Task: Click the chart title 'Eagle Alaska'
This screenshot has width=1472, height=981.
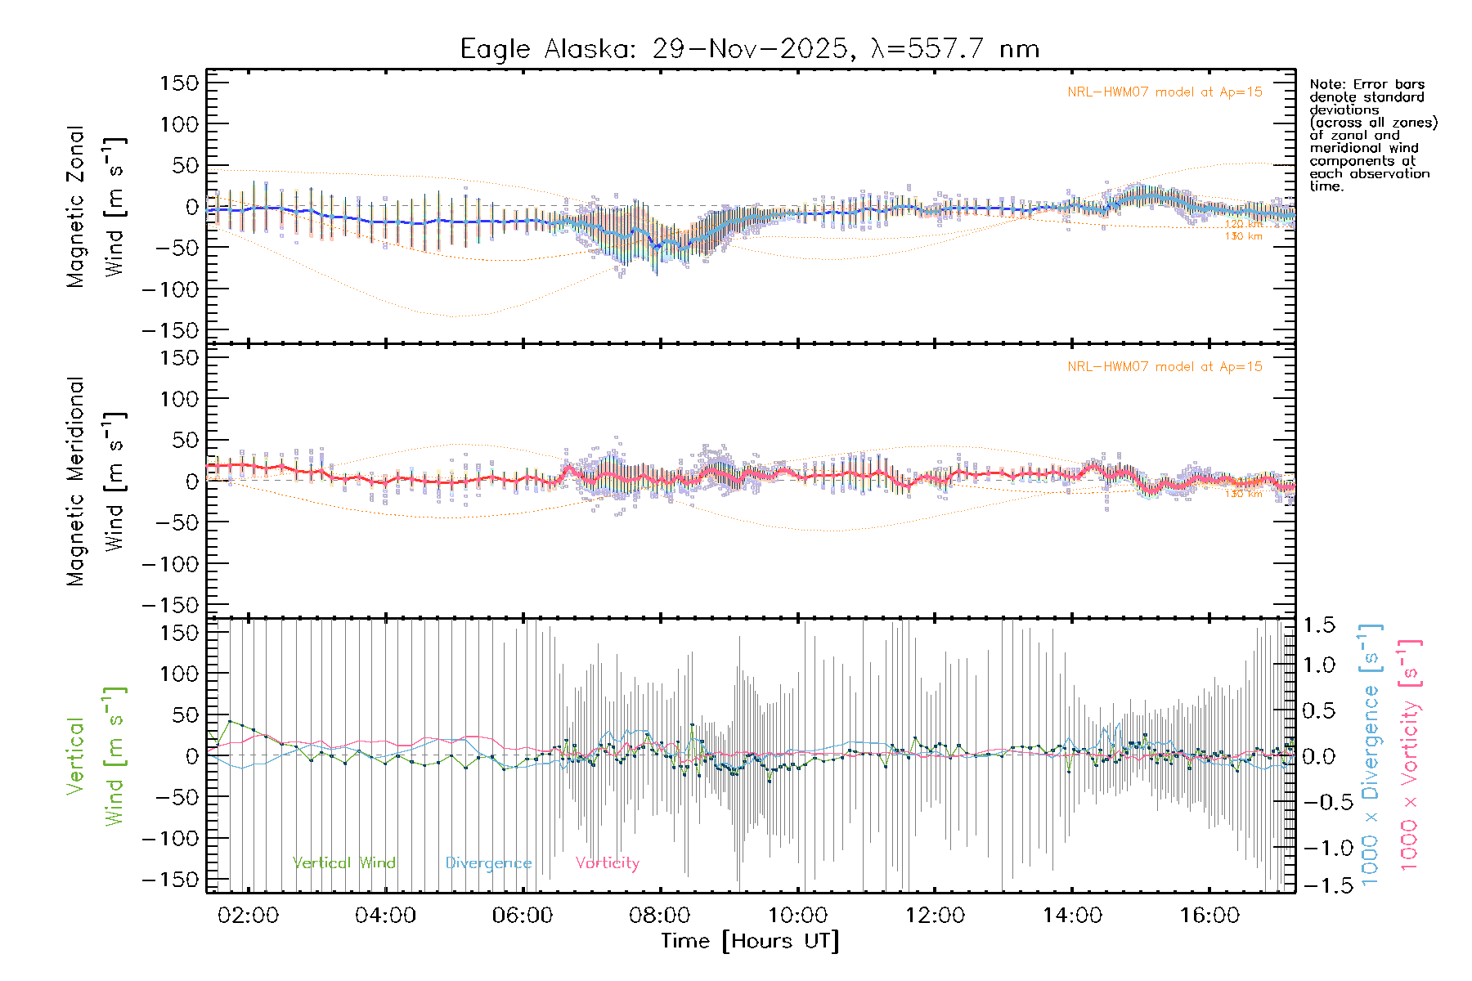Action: pos(543,49)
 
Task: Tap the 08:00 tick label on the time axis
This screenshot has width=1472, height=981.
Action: pos(660,915)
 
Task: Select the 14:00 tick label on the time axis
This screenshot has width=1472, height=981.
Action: pos(1072,915)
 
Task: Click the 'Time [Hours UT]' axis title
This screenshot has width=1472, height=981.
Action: pos(750,941)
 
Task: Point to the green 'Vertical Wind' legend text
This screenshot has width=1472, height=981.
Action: pos(343,862)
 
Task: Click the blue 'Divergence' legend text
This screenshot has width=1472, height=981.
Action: pos(488,863)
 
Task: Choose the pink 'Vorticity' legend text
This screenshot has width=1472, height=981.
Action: pos(607,862)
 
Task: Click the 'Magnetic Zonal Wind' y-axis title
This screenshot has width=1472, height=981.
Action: pos(96,206)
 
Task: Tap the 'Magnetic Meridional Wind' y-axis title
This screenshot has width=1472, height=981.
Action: pos(96,481)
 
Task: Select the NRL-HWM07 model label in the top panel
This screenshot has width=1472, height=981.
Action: pos(1165,92)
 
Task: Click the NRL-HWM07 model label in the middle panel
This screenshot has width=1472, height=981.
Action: pos(1165,367)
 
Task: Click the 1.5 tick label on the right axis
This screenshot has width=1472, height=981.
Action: pos(1319,625)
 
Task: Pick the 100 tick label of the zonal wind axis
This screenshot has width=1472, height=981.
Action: pos(180,124)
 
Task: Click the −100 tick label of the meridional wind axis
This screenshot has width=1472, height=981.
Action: pos(170,564)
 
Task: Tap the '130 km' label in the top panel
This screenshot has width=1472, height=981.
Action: pos(1243,236)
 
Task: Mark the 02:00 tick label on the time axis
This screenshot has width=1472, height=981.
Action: pos(248,915)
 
